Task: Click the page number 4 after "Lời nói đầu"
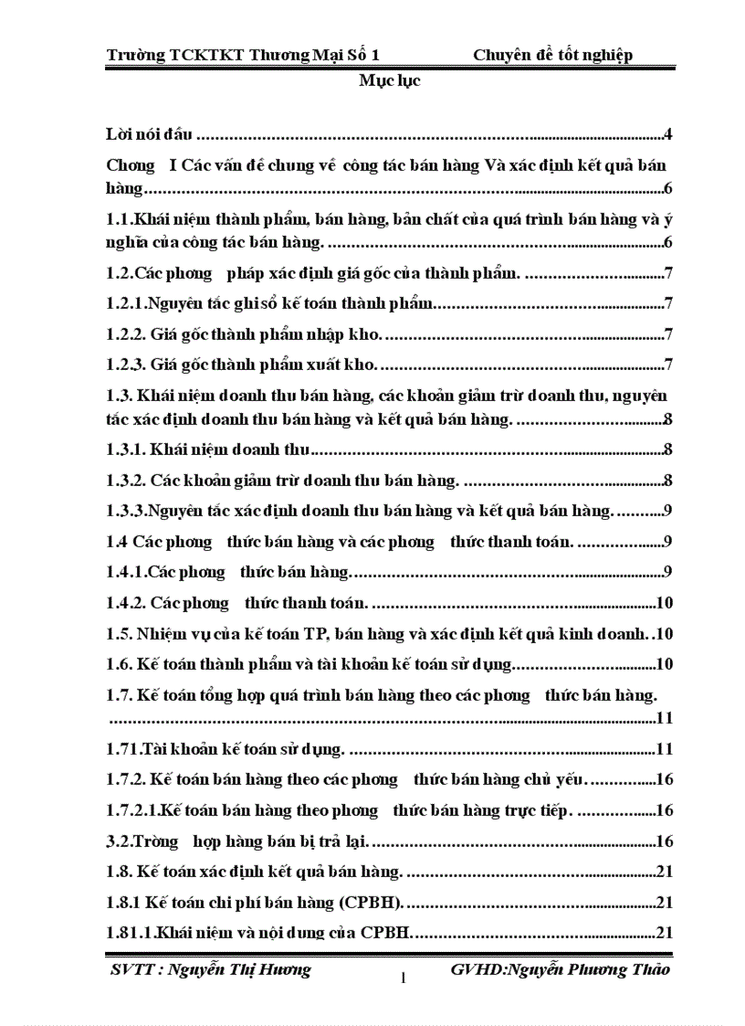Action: click(x=668, y=136)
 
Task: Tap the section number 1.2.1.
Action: click(x=126, y=304)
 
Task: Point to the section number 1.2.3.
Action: click(x=126, y=365)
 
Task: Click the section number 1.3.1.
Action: click(x=126, y=450)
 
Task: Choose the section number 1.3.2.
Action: click(x=126, y=480)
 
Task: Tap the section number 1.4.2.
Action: click(x=126, y=602)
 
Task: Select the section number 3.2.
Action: click(x=120, y=840)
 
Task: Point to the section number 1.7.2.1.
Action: click(x=132, y=809)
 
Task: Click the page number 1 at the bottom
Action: click(x=403, y=978)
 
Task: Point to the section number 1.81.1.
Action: click(x=130, y=933)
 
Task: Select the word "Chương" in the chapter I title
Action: click(x=131, y=165)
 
